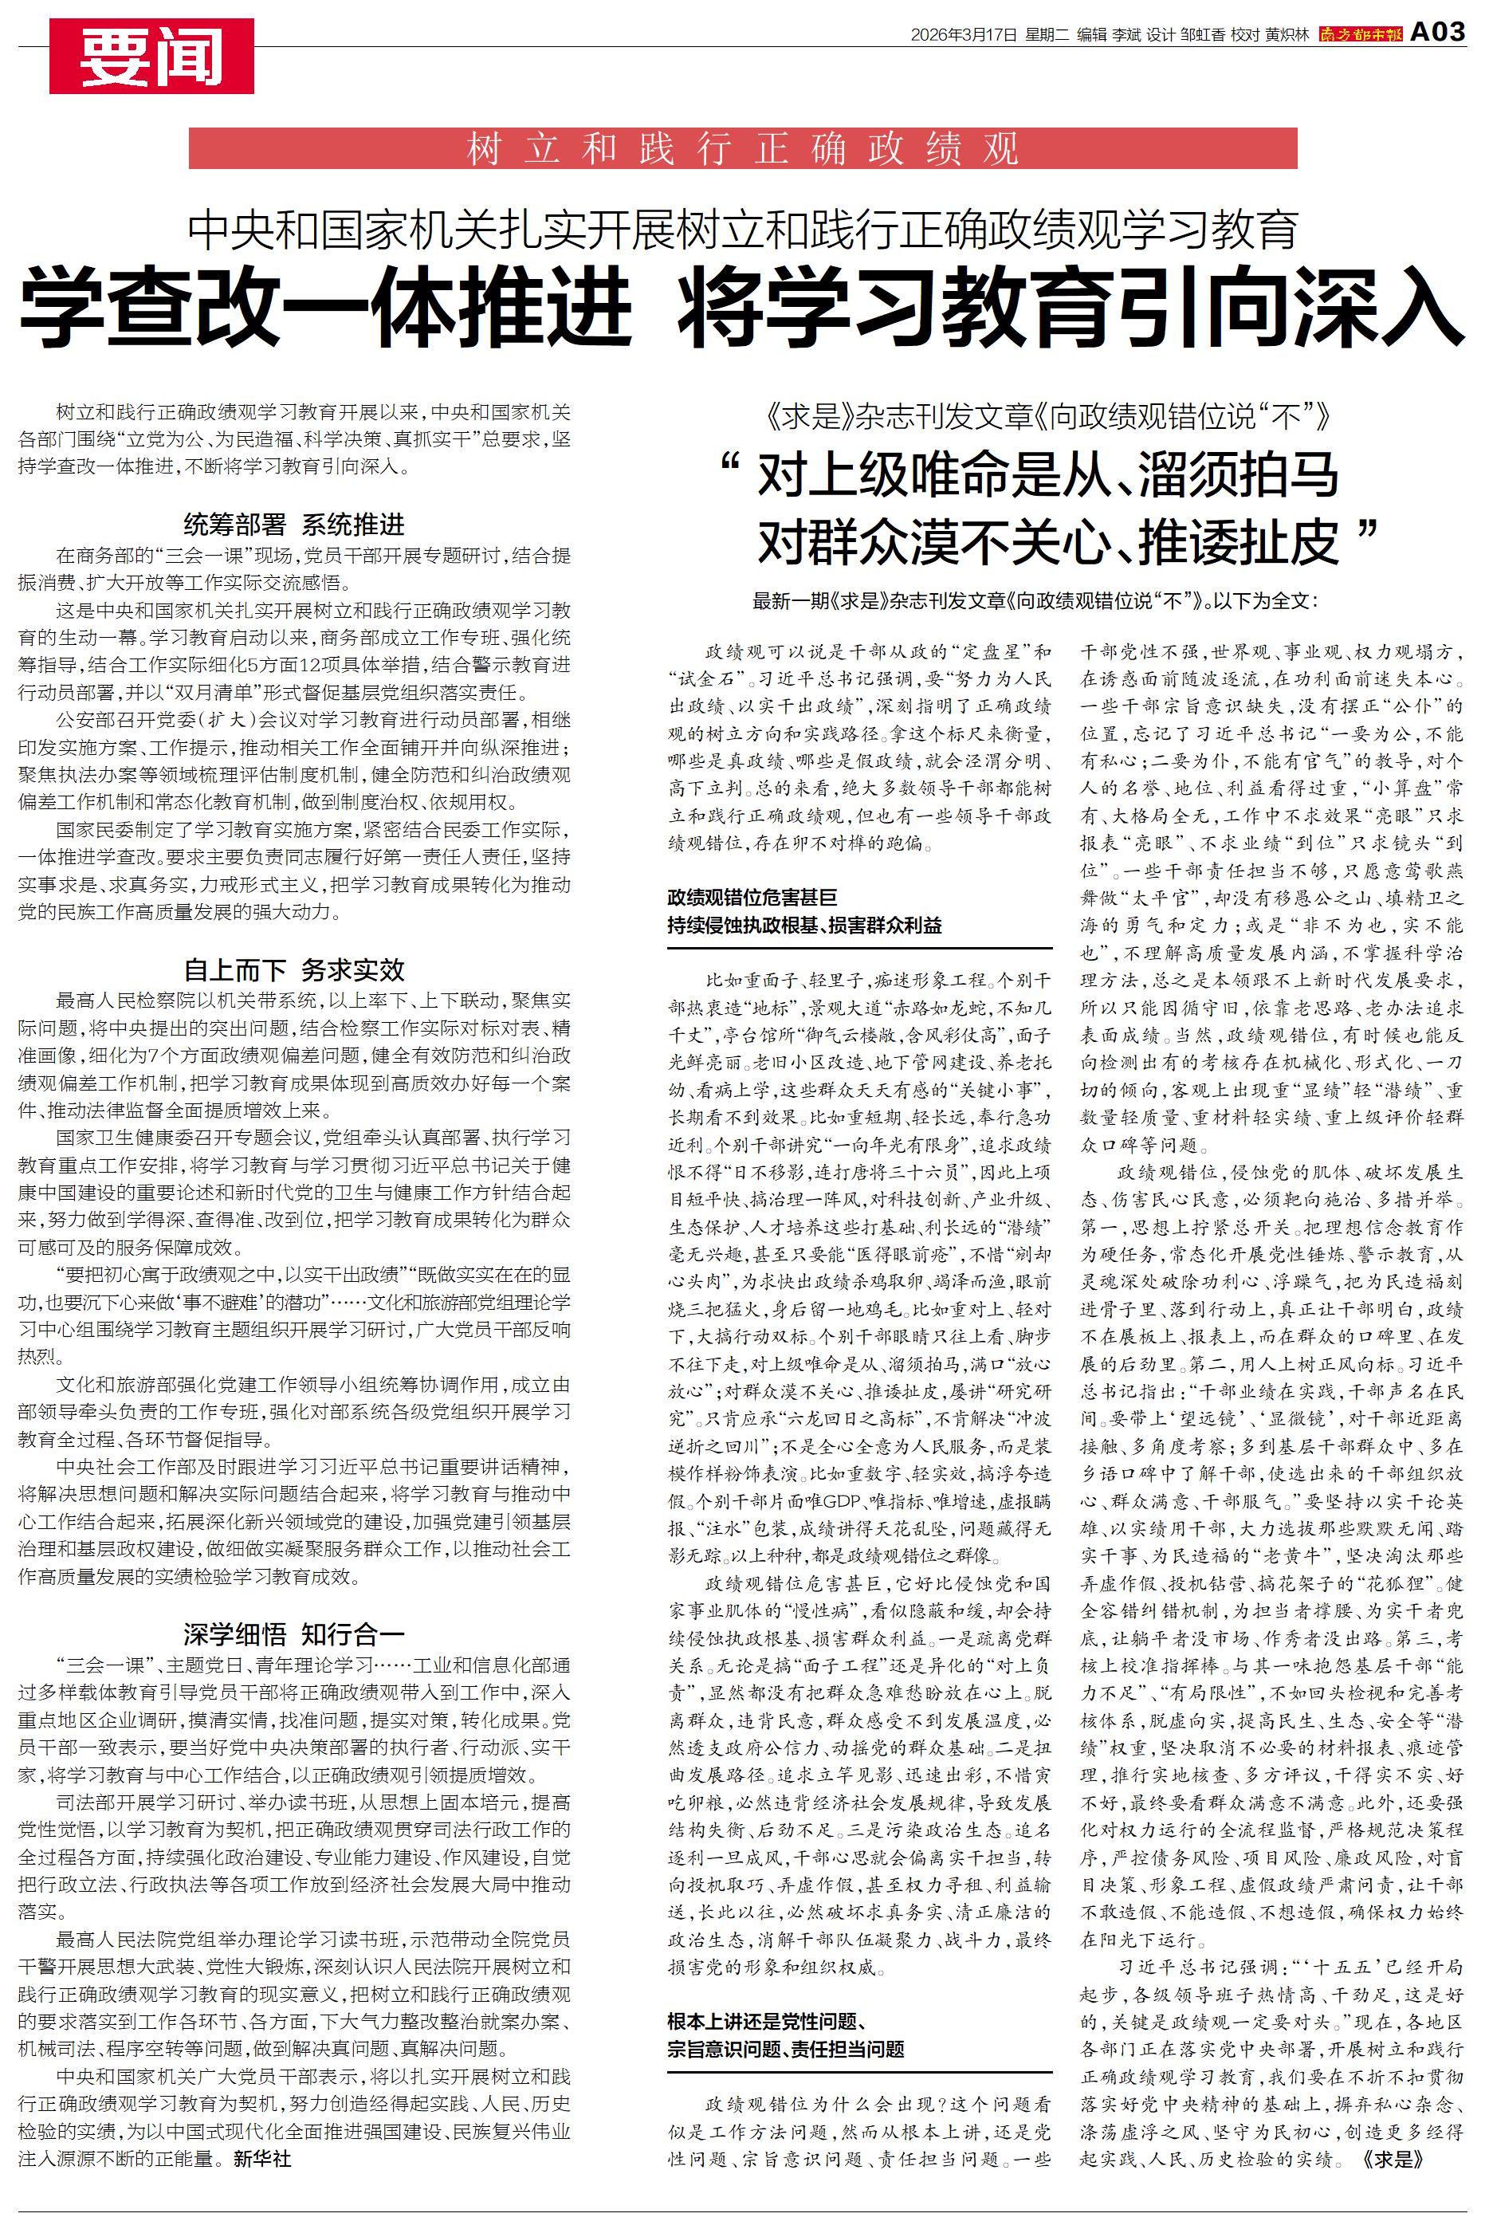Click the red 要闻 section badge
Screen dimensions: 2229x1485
point(151,57)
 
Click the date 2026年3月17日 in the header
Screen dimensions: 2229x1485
point(963,35)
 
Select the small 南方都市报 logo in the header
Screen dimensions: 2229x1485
point(1360,35)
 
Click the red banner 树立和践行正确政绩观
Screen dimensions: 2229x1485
point(743,148)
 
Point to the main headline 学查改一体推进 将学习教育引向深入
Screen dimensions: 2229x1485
point(743,306)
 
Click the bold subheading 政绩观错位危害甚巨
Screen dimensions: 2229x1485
point(752,897)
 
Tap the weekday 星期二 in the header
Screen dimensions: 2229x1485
point(1047,35)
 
